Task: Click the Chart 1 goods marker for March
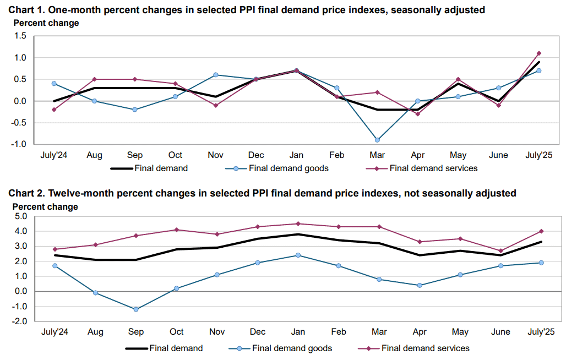pos(377,140)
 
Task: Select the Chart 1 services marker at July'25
pos(539,53)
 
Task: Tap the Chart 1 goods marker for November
pos(215,75)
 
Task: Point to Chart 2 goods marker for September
pos(136,309)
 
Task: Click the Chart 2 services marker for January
pos(298,223)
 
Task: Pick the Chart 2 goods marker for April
pos(420,285)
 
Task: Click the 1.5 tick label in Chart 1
pos(20,36)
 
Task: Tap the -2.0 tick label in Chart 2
pos(19,321)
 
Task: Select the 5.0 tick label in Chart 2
pos(20,216)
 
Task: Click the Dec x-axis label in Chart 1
pos(256,155)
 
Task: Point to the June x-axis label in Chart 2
pos(500,332)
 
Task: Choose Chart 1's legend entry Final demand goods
pos(277,168)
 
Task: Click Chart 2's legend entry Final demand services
pos(413,348)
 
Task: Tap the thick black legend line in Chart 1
pos(122,168)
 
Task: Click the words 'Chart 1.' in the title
pos(27,10)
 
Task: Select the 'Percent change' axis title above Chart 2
pos(45,206)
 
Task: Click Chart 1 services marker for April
pos(418,114)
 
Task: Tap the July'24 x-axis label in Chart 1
pos(54,155)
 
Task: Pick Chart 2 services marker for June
pos(500,250)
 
